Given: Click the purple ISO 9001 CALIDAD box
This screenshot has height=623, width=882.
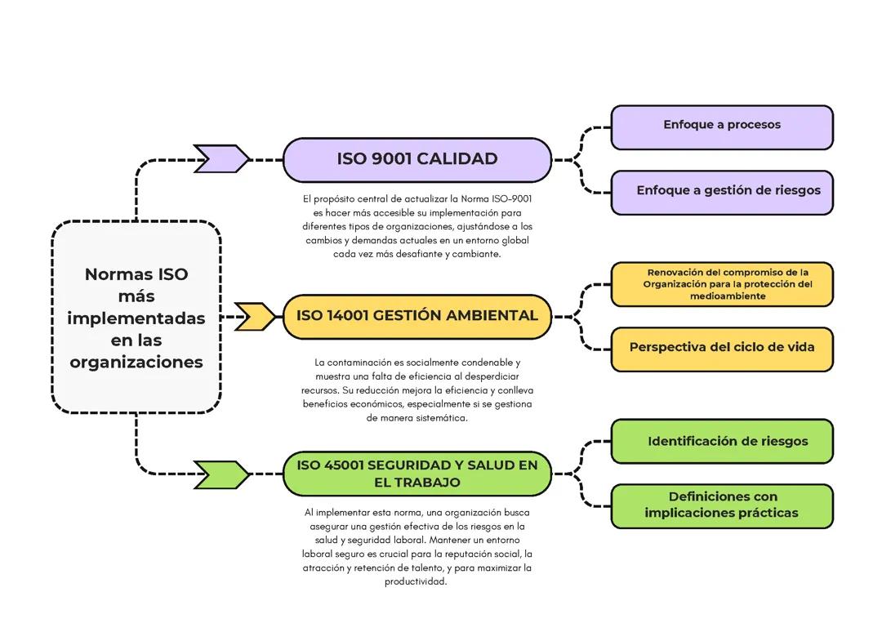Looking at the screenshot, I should pos(416,159).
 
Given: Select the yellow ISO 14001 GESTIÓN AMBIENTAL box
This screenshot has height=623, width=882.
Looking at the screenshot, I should pos(416,316).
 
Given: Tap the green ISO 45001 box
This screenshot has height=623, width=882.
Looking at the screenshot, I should pos(416,474).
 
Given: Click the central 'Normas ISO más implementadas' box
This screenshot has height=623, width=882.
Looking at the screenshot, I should pos(136,317).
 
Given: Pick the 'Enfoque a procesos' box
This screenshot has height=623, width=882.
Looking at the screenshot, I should pos(722,127).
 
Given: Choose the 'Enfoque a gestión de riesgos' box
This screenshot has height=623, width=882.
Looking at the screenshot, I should pos(722,192).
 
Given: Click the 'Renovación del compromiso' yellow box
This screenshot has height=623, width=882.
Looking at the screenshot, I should pos(722,284).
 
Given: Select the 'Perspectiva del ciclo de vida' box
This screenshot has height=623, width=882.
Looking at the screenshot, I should pos(722,349).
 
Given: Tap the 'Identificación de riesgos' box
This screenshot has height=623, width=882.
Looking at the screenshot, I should pos(722,442).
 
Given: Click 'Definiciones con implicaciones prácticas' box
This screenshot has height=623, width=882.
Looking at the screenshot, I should pos(722,506).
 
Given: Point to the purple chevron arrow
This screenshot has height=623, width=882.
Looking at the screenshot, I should pos(221,158).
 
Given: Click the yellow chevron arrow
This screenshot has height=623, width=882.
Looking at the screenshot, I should pos(255,316).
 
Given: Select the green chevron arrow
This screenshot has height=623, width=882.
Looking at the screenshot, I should pos(221,474).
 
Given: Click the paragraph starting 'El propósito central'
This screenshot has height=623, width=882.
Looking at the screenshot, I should pos(416,226).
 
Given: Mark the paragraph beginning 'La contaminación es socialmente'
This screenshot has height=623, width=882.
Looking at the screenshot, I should pos(416,389).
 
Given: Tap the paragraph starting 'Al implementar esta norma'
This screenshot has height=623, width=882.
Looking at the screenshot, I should pos(416,547).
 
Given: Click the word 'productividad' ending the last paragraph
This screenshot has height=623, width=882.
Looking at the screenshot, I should pos(416,582).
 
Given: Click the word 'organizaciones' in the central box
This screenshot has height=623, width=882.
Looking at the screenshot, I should pos(136,362).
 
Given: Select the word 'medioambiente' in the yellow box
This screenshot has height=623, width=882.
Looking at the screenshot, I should pos(728,296).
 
